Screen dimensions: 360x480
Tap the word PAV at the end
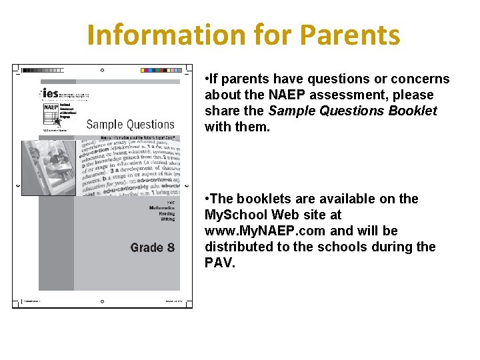[x=219, y=263]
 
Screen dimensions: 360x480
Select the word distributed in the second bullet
[x=239, y=247]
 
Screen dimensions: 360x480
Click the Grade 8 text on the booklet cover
[x=152, y=247]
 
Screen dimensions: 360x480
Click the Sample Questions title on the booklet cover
[x=130, y=124]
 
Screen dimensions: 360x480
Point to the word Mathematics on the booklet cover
[x=161, y=209]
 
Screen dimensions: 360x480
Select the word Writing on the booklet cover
[x=167, y=219]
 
